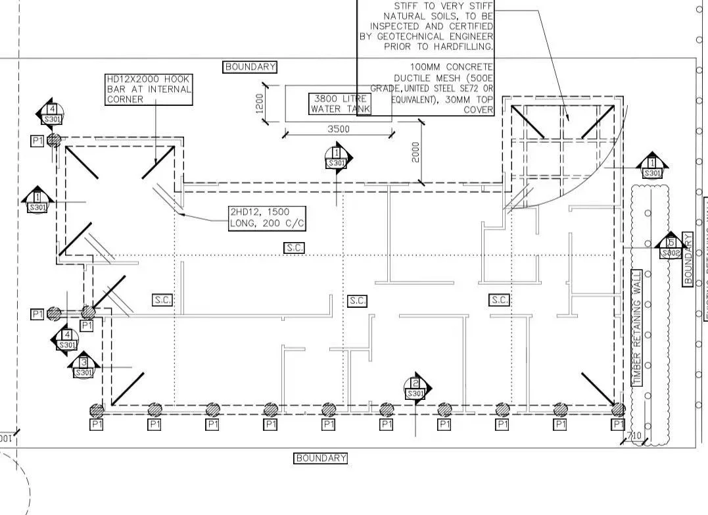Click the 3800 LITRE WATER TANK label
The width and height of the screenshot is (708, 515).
tap(341, 104)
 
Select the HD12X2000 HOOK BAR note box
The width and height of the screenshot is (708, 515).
tap(149, 89)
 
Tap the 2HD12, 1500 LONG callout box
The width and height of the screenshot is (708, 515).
tap(268, 218)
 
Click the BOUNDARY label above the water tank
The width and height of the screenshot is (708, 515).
tap(250, 66)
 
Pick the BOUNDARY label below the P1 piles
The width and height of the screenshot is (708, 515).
tap(320, 458)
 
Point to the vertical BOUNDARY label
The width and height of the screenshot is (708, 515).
tap(688, 258)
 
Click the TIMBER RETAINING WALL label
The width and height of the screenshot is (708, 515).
tap(636, 327)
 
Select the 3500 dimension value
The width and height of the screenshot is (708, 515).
tap(338, 129)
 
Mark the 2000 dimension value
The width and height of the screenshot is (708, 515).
tap(415, 153)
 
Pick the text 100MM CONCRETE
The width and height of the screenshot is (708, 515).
tap(451, 67)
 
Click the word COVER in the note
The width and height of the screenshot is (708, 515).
tap(478, 110)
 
